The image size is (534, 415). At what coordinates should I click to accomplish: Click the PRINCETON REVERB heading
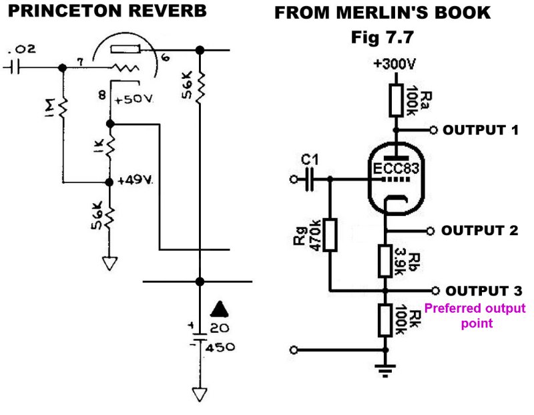pos(103,11)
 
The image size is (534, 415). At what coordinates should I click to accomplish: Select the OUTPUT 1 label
pos(481,130)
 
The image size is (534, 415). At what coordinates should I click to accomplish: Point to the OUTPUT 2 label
pos(481,231)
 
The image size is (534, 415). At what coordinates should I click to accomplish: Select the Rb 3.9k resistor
pos(385,261)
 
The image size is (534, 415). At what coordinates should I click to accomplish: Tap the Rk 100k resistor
pos(385,319)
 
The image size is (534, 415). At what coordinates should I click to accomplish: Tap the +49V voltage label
pos(136,180)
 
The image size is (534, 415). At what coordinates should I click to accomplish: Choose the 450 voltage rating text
pos(220,348)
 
